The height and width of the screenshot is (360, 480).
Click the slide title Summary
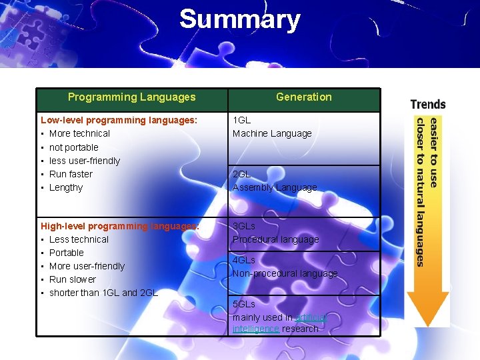239,19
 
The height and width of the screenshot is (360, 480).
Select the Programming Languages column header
131,97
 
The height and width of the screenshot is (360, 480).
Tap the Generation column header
303,97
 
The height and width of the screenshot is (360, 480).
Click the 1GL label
241,120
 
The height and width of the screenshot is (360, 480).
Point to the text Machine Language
272,133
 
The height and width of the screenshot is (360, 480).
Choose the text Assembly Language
275,187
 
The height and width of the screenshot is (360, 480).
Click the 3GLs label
244,226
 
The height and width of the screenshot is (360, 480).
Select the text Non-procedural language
285,273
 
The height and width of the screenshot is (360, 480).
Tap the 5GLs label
244,304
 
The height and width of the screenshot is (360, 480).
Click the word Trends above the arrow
428,104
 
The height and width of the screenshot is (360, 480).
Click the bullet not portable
73,147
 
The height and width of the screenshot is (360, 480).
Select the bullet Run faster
71,174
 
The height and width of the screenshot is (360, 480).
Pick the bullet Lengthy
66,187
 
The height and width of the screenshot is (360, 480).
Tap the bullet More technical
79,133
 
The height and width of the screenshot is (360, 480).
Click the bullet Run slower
73,279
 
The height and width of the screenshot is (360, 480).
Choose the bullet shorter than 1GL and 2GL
103,293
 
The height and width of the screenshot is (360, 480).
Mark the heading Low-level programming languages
119,120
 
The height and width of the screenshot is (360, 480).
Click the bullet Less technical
79,239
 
